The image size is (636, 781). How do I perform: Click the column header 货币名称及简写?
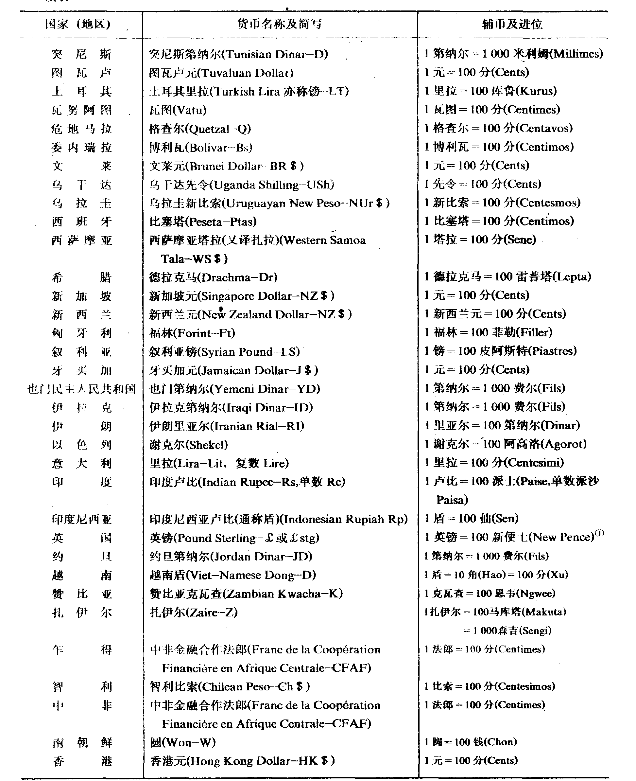pyautogui.click(x=280, y=24)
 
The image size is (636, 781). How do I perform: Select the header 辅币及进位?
pyautogui.click(x=512, y=24)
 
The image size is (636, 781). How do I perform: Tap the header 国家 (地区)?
pyautogui.click(x=78, y=25)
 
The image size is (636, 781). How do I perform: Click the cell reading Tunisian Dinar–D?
pyautogui.click(x=238, y=54)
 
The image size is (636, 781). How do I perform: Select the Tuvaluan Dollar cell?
pyautogui.click(x=221, y=73)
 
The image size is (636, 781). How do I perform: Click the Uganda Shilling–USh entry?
pyautogui.click(x=241, y=185)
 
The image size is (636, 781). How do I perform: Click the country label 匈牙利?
pyautogui.click(x=81, y=333)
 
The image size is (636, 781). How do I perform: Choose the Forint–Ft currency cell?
pyautogui.click(x=192, y=333)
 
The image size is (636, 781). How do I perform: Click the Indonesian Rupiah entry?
pyautogui.click(x=278, y=519)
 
